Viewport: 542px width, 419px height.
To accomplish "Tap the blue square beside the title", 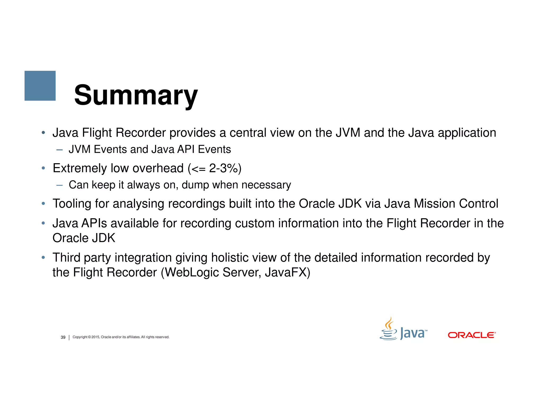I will point(40,86).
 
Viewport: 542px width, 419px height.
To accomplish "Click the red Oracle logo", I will point(472,335).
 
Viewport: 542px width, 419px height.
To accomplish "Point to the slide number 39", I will point(63,337).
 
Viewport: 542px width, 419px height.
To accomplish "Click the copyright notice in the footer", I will point(121,337).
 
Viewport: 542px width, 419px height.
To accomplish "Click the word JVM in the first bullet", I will point(348,133).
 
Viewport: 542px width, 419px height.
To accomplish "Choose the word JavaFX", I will point(287,273).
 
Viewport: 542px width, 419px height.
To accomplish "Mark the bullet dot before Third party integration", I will point(43,257).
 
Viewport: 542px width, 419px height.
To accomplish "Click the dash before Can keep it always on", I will point(59,185).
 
